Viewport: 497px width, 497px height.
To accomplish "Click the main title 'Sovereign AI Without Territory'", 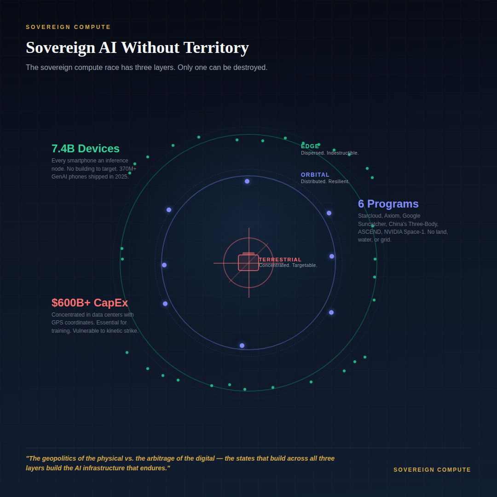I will pos(137,48).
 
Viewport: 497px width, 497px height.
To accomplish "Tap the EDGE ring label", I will pos(310,146).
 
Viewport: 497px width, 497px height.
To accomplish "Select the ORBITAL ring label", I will pos(315,175).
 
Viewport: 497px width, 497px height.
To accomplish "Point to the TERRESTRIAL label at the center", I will pos(280,260).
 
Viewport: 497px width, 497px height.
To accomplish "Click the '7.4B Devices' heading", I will pos(86,149).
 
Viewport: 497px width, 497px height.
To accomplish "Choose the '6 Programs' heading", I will pos(388,204).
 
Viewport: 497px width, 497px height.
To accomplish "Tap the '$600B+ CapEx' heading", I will pos(90,303).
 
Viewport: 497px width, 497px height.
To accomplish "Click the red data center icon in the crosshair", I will pos(248,262).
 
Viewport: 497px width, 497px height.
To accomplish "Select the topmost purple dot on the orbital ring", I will pos(247,181).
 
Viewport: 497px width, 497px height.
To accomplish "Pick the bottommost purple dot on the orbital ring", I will pos(242,346).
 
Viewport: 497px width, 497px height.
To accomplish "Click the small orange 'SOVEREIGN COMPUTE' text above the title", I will pos(68,27).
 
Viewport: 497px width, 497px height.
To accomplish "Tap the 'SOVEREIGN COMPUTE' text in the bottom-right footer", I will pos(432,470).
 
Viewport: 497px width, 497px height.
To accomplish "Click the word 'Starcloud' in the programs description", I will pos(370,216).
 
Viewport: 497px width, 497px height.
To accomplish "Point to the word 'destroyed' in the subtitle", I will pos(250,68).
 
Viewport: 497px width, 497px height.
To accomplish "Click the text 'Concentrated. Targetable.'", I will pos(288,266).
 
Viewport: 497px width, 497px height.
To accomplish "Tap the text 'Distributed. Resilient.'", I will pos(325,182).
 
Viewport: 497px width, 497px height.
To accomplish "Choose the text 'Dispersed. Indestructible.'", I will pos(329,153).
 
